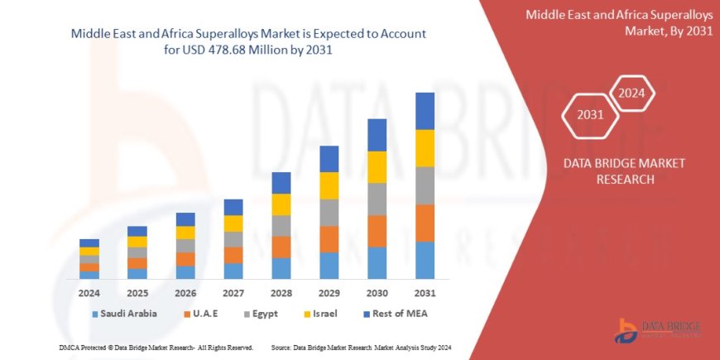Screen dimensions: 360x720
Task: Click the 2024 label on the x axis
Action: [89, 294]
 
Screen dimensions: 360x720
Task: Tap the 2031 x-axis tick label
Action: [425, 294]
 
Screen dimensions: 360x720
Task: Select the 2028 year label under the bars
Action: [281, 294]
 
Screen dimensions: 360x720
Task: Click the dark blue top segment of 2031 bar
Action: [425, 111]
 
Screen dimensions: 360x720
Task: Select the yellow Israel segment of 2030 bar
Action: [377, 167]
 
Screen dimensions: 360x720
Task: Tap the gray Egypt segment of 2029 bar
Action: [329, 213]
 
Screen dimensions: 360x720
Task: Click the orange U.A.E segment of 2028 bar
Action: [281, 247]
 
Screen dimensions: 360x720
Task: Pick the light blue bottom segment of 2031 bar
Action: [425, 260]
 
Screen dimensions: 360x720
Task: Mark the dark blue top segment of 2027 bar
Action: [233, 207]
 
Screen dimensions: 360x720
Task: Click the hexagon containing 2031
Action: [590, 115]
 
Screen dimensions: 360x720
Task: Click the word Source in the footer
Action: [280, 348]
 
